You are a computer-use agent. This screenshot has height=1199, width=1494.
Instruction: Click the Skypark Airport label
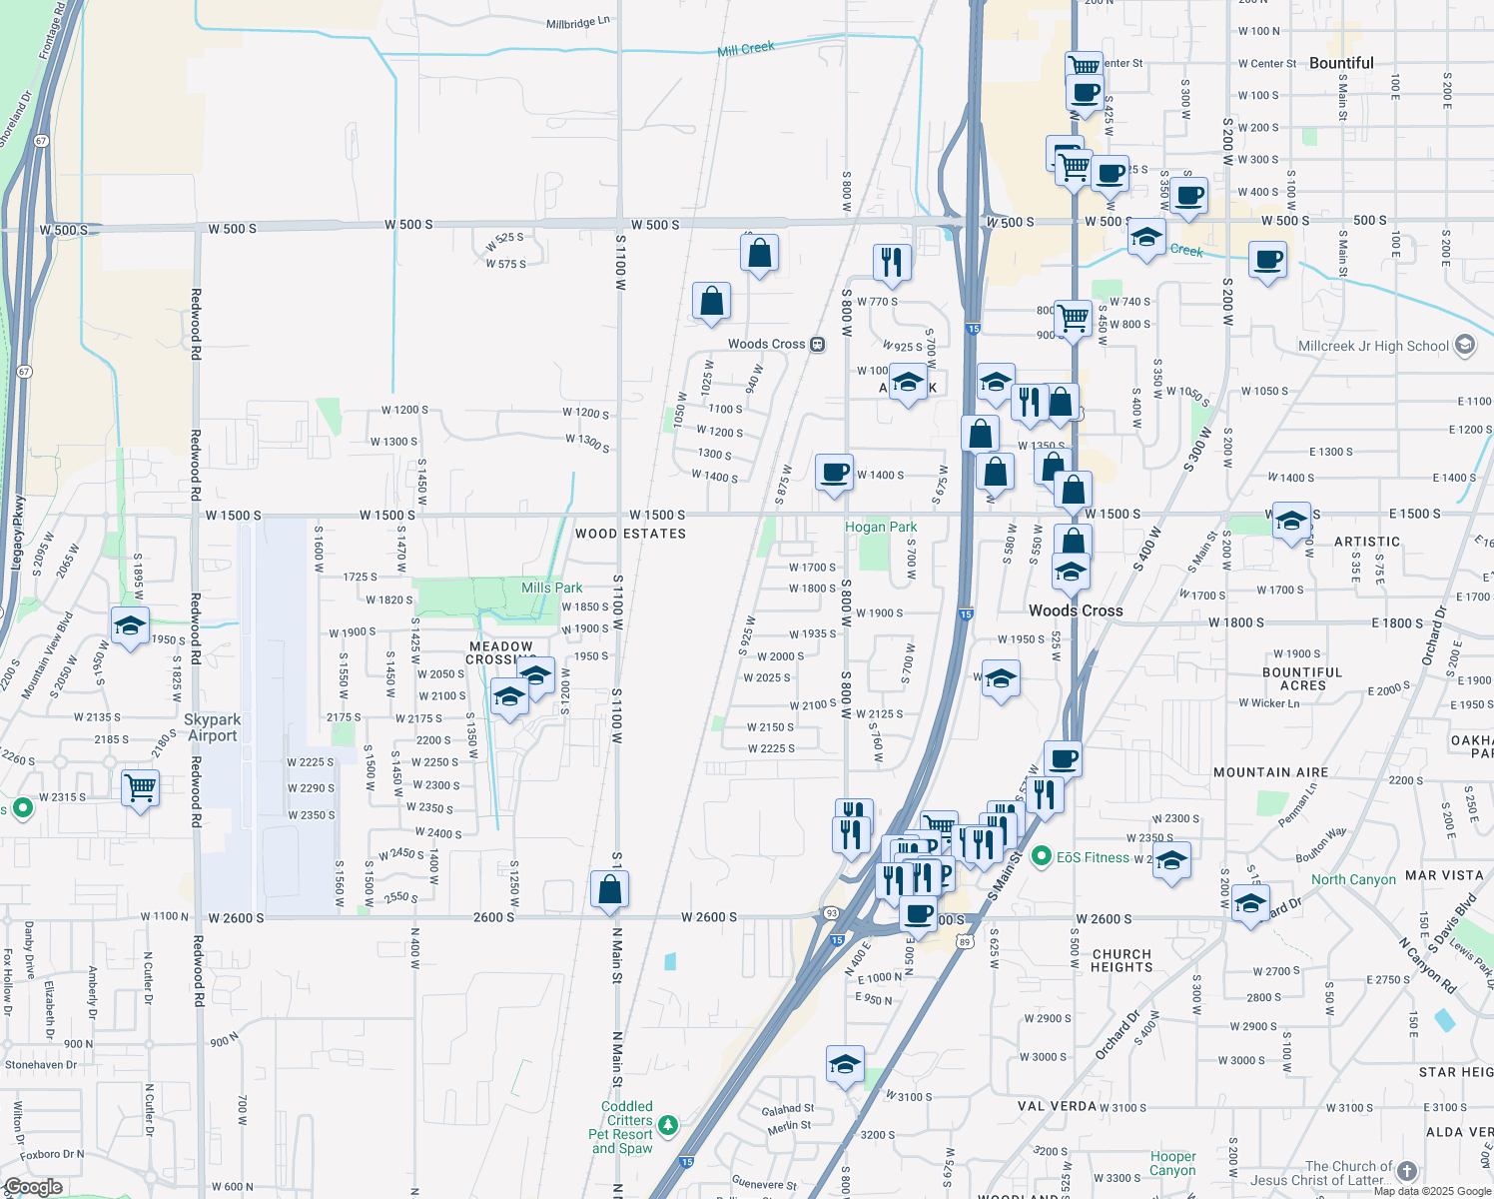click(x=213, y=727)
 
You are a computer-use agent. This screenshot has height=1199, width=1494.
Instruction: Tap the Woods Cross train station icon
click(x=817, y=344)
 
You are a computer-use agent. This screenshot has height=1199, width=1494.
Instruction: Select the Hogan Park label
click(x=881, y=527)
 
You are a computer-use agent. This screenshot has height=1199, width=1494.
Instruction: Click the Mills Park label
click(x=551, y=588)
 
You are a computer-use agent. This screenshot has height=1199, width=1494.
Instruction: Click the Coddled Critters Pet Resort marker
click(x=668, y=1126)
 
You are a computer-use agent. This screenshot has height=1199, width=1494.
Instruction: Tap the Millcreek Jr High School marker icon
click(x=1465, y=346)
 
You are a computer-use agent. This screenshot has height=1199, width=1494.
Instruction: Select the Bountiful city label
click(x=1341, y=63)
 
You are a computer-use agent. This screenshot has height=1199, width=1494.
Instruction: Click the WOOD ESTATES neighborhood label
click(x=630, y=534)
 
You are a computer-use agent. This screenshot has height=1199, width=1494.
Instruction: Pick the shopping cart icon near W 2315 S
click(x=140, y=787)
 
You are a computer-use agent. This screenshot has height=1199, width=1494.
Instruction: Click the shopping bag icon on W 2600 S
click(x=609, y=888)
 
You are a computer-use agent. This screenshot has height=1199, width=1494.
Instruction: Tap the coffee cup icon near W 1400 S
click(x=834, y=472)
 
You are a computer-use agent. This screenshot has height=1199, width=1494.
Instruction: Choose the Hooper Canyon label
click(x=1172, y=1163)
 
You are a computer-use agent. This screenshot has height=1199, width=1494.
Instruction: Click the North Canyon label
click(x=1353, y=880)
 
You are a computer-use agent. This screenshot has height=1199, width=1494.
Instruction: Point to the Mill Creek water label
click(x=746, y=48)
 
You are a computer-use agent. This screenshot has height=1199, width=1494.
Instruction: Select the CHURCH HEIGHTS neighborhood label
click(x=1121, y=960)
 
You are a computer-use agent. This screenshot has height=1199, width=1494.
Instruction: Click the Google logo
click(x=33, y=1187)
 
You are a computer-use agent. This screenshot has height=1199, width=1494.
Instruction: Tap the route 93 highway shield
click(x=831, y=913)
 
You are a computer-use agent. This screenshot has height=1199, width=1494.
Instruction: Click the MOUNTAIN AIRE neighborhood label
click(x=1270, y=772)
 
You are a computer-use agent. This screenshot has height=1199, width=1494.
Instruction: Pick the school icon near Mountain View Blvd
click(x=130, y=625)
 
